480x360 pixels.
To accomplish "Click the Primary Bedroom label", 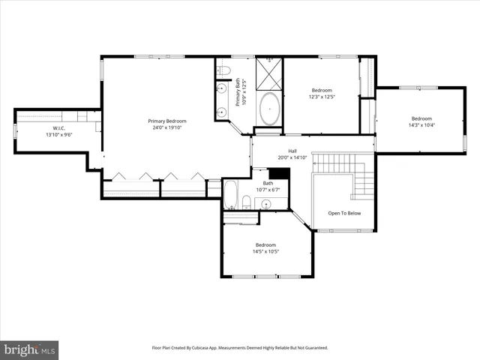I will pyautogui.click(x=166, y=121).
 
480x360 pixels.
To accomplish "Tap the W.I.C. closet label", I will pyautogui.click(x=41, y=127).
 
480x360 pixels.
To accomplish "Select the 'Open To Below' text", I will pyautogui.click(x=344, y=213).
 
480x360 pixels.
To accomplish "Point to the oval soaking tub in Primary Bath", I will pyautogui.click(x=270, y=109).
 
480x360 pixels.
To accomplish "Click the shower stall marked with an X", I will pyautogui.click(x=268, y=73).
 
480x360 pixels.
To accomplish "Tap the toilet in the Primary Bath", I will pyautogui.click(x=223, y=71).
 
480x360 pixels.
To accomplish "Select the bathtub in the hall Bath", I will pyautogui.click(x=230, y=196).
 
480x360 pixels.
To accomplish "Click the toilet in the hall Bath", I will pyautogui.click(x=246, y=201).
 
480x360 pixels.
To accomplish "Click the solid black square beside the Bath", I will pyautogui.click(x=279, y=173).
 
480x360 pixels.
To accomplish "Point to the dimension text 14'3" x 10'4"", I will pyautogui.click(x=421, y=125).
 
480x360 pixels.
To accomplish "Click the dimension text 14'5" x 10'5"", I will pyautogui.click(x=265, y=251).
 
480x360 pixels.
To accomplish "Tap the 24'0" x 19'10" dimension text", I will pyautogui.click(x=166, y=127).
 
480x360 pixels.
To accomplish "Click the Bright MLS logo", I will pyautogui.click(x=29, y=349).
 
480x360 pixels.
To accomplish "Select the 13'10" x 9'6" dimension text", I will pyautogui.click(x=41, y=135).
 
